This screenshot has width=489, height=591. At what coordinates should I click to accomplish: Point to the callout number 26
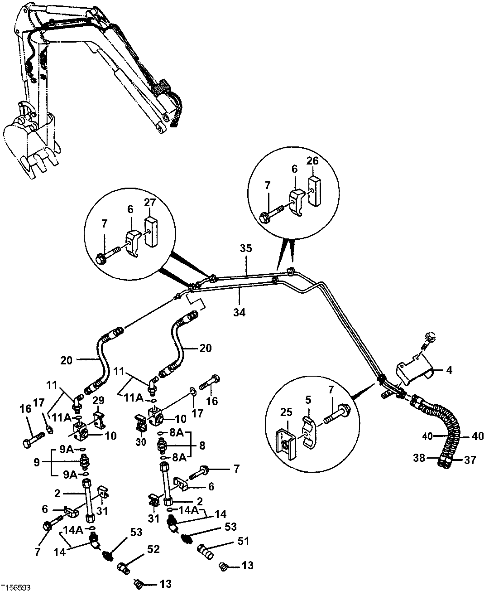tap(312, 161)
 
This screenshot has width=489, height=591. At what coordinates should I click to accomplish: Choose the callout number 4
tap(449, 370)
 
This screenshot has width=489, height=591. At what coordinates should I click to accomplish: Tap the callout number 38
tap(419, 458)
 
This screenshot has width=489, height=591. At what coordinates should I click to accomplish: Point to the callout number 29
tap(99, 401)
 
